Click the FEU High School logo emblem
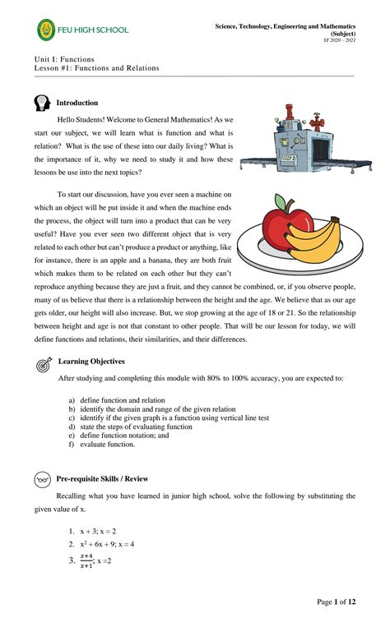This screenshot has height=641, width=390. tap(48, 30)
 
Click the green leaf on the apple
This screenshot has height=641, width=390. tap(282, 201)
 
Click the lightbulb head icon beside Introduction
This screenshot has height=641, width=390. tap(43, 104)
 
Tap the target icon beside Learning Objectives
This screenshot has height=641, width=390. tap(43, 365)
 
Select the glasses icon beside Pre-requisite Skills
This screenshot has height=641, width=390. tap(43, 478)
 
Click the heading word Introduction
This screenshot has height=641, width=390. tap(77, 103)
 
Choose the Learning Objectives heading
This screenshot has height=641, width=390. tap(91, 361)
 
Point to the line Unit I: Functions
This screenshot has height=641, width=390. tap(64, 59)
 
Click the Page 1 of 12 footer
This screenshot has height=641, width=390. tap(337, 602)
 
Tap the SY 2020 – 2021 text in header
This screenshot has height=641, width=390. tap(339, 40)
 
